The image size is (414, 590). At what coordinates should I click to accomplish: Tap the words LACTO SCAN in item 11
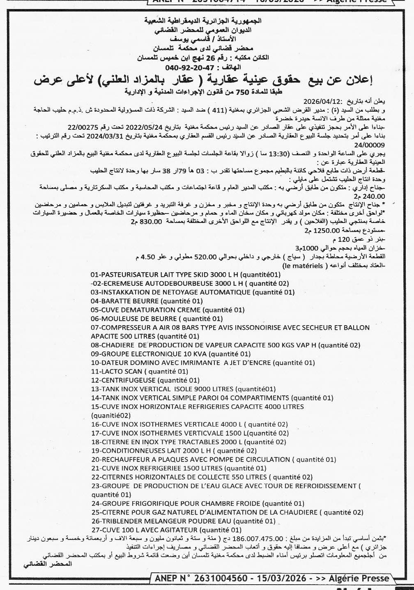click(116, 371)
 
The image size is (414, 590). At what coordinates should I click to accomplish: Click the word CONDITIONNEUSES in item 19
click(130, 451)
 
